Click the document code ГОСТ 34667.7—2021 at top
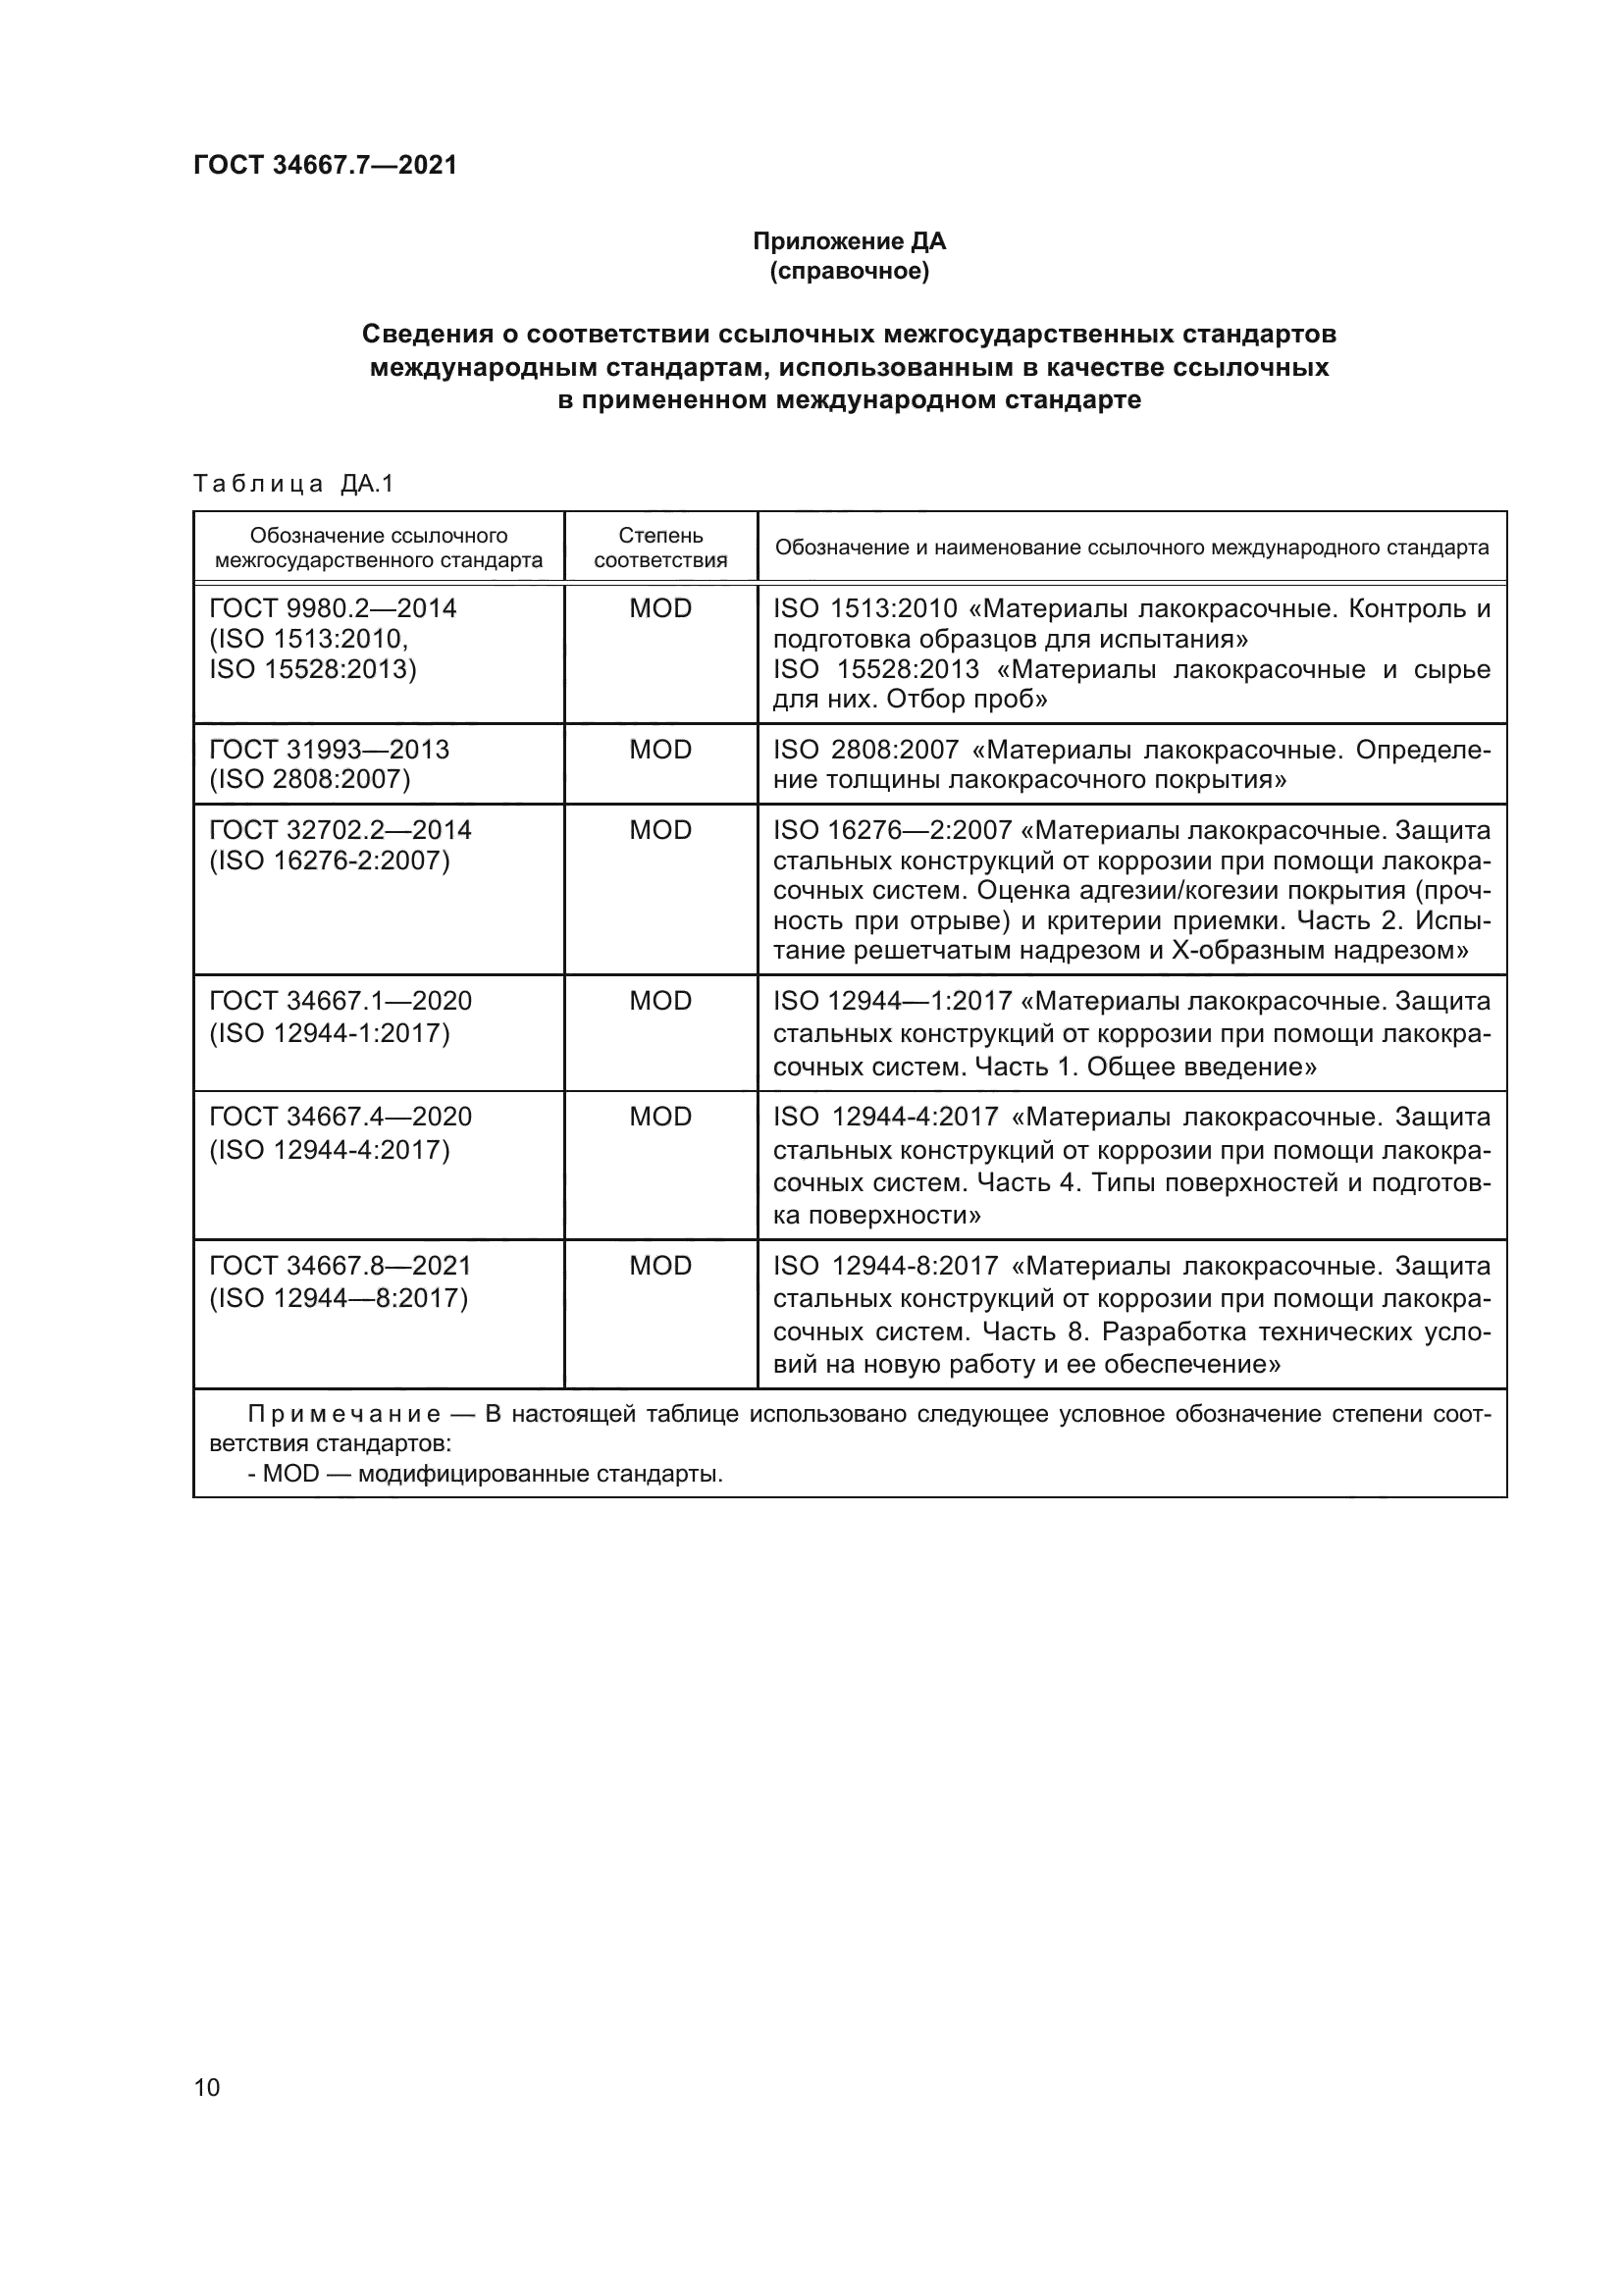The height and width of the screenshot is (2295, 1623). tap(325, 165)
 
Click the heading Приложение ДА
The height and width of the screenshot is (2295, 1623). tap(849, 241)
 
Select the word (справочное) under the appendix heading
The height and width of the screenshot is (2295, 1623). tap(849, 271)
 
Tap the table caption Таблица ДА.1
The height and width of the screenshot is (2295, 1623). tap(293, 484)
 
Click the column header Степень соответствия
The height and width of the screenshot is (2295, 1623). tap(660, 547)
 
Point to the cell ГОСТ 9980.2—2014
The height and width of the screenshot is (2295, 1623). tap(333, 607)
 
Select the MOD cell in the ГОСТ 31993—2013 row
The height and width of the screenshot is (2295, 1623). tap(660, 749)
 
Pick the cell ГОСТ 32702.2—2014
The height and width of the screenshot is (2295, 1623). tap(340, 830)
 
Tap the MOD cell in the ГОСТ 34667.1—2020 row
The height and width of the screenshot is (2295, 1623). tap(660, 1001)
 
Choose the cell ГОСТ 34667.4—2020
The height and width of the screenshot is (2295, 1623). tap(340, 1117)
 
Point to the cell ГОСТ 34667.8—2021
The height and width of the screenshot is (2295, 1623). tap(340, 1266)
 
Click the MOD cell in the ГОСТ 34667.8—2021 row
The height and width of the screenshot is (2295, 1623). tap(660, 1266)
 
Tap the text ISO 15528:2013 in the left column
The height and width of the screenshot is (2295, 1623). tap(312, 669)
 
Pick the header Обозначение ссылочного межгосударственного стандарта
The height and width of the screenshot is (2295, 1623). tap(379, 547)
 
